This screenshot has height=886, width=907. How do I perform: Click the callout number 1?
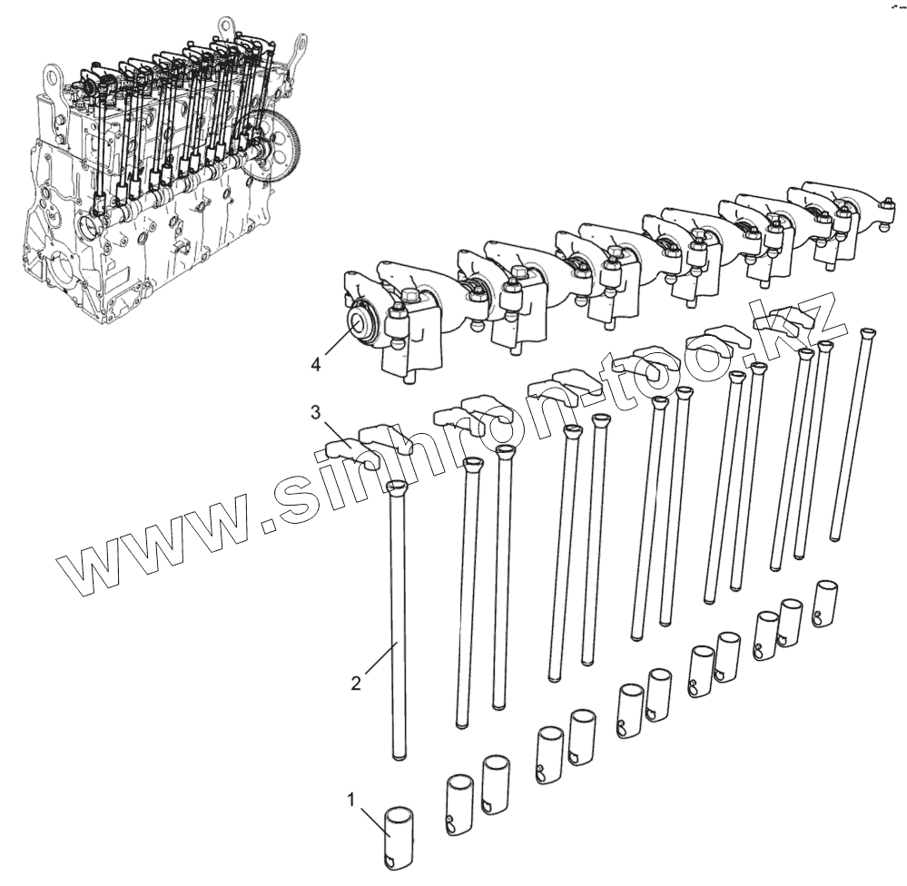pos(350,800)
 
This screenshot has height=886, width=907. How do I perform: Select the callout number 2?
pos(356,683)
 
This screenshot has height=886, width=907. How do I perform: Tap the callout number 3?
pos(315,412)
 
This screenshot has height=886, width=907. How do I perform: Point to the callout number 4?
pos(315,364)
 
